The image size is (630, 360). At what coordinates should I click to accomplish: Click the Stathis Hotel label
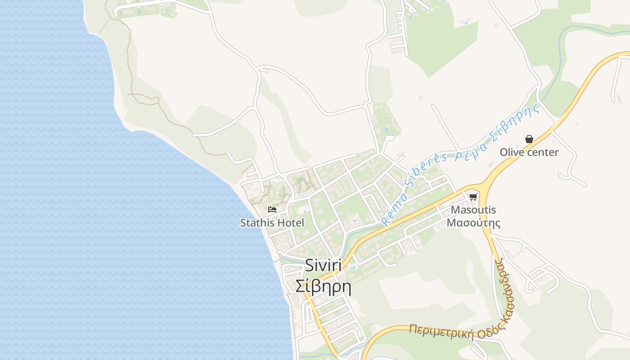[x=272, y=223]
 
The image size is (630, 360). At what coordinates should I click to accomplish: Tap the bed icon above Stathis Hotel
[x=272, y=209]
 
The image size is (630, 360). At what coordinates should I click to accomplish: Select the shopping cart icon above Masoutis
[x=473, y=197]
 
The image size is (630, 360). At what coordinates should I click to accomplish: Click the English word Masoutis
[x=473, y=210]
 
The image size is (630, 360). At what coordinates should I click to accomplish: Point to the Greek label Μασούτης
[x=473, y=222]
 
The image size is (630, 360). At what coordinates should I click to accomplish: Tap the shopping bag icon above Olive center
[x=529, y=139]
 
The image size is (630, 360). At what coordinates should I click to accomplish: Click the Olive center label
[x=529, y=152]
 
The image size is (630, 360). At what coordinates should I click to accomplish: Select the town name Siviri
[x=323, y=265]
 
